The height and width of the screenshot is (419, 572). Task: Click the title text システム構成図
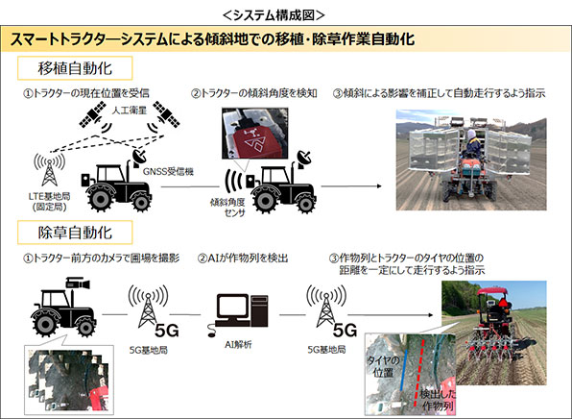pos(274,15)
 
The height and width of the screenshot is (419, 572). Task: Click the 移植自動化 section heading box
pos(75,68)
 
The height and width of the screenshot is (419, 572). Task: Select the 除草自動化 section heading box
pos(75,233)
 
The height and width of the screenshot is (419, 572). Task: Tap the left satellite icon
pos(90,114)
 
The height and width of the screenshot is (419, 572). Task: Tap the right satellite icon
pos(166,114)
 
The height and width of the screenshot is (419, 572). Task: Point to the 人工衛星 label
pos(129,109)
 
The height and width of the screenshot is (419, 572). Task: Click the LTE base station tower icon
pos(49,171)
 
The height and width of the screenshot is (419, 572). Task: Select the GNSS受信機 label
pos(168,171)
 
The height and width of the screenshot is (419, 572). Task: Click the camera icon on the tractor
pos(78,283)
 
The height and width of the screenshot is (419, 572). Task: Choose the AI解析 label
pos(238,344)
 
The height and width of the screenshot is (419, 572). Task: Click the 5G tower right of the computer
pos(326,308)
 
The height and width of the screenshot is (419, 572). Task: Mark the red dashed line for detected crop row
pos(419,373)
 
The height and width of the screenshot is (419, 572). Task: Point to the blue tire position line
pos(403,370)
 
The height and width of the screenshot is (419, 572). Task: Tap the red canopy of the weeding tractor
pos(492,291)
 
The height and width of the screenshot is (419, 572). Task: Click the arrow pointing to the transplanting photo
pos(351,186)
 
